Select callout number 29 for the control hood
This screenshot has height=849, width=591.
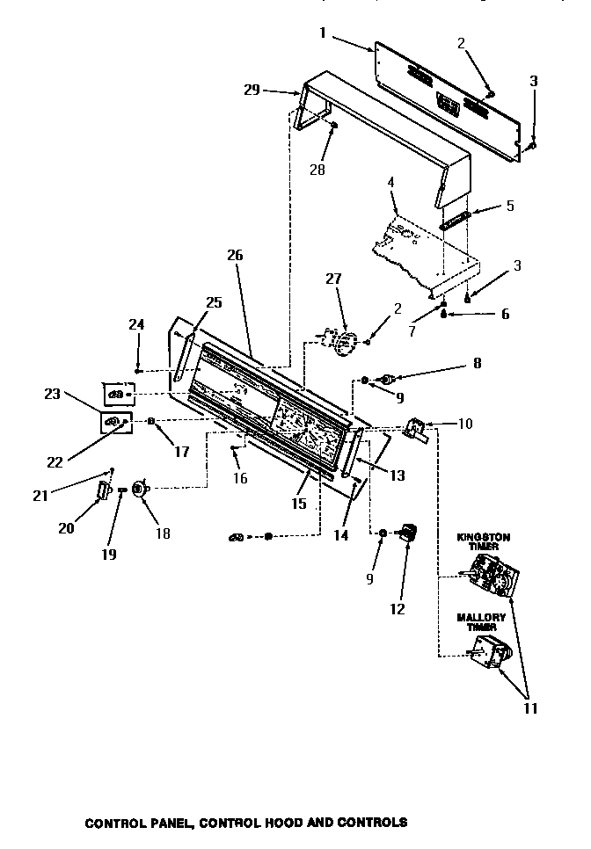(x=252, y=90)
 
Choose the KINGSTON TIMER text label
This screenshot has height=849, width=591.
(x=483, y=541)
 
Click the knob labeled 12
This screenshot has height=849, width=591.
(x=406, y=533)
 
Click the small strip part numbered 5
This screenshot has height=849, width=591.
(x=457, y=218)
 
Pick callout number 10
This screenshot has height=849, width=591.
(x=465, y=424)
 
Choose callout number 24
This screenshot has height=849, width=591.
(x=135, y=324)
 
